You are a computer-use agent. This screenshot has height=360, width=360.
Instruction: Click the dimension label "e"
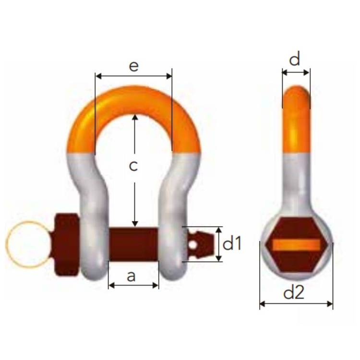[x=134, y=66]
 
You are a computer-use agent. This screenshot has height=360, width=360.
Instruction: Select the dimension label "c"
[x=133, y=166]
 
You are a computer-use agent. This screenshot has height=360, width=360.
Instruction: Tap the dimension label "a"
[x=131, y=276]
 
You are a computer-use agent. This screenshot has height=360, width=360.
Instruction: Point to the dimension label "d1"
[x=232, y=243]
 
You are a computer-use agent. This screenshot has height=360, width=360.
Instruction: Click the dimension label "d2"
[x=294, y=292]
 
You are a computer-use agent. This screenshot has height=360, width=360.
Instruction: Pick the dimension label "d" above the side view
[x=295, y=59]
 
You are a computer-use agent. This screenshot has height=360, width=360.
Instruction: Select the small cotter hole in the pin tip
[x=193, y=245]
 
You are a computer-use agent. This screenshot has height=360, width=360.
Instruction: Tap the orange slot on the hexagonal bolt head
[x=297, y=245]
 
